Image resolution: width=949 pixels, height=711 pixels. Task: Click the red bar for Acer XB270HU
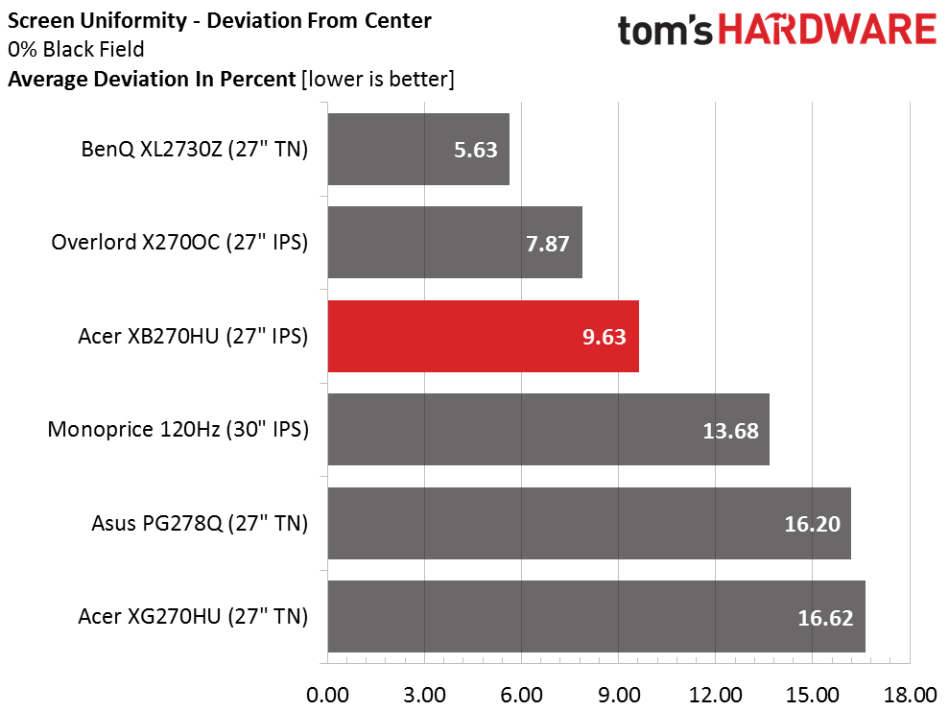click(483, 336)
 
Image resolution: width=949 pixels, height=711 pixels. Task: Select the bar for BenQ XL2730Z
click(418, 149)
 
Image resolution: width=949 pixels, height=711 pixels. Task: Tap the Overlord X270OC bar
click(455, 243)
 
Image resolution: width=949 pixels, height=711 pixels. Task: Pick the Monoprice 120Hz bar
click(548, 429)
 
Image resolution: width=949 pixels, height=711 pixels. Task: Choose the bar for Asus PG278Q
click(588, 523)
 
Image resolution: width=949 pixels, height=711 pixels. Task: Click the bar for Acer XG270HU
click(596, 616)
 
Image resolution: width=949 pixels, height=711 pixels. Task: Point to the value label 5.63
click(477, 150)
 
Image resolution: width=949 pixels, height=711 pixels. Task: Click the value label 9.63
click(606, 337)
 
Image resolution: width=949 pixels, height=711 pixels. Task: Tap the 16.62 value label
click(825, 617)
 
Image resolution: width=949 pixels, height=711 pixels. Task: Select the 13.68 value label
click(730, 430)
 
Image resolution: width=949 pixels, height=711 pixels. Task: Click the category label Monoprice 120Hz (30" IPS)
click(178, 430)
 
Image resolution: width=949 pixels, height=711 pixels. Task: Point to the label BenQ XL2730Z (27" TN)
click(195, 150)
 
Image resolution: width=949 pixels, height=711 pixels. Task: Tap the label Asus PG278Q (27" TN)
click(200, 523)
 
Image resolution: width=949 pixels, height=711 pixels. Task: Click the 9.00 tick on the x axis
click(619, 694)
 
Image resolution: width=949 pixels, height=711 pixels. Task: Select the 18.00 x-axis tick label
click(910, 694)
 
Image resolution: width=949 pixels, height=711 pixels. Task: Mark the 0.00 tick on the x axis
click(327, 694)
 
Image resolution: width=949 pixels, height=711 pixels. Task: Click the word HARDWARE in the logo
click(827, 31)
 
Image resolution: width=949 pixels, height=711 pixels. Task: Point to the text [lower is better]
click(377, 80)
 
